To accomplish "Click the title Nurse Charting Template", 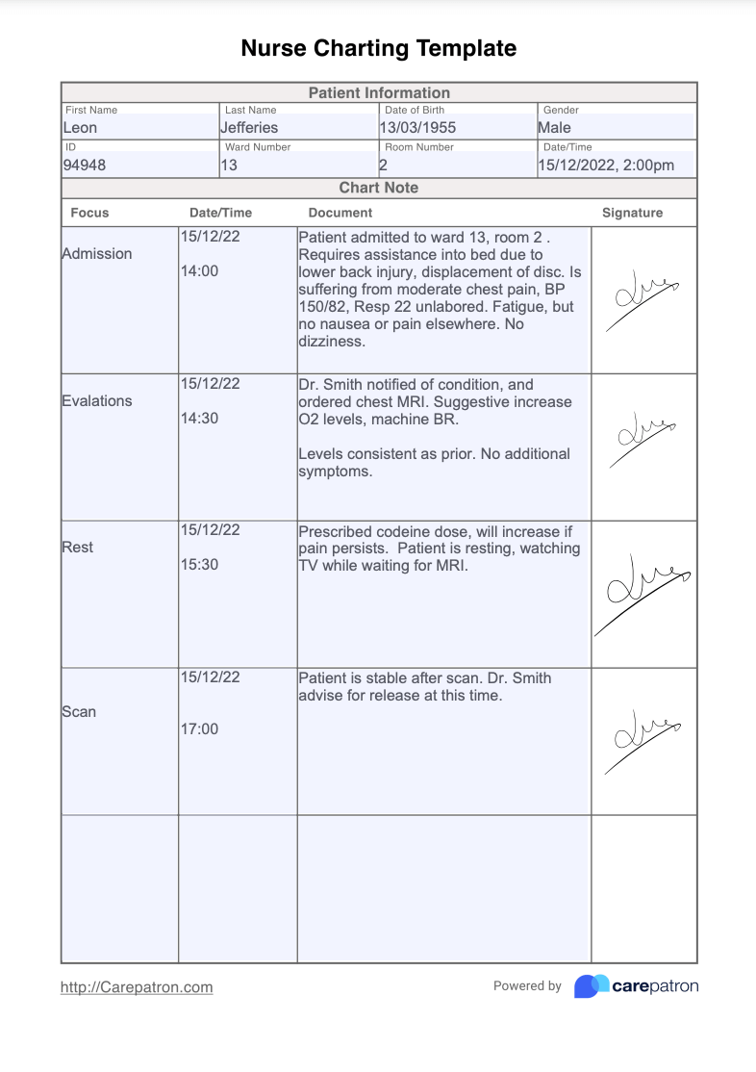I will point(378,48).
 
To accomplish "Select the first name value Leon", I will point(80,127).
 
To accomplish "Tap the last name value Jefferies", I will point(248,127).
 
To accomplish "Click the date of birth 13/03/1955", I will point(417,127).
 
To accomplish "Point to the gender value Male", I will point(554,127).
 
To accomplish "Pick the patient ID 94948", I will point(85,165).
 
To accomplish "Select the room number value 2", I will point(383,165).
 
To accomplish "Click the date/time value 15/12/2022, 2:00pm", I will point(606,165).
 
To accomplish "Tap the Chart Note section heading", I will point(379,188).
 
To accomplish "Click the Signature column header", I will point(632,213).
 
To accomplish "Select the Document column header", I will point(340,213).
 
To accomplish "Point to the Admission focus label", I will point(97,254).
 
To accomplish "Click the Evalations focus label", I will point(97,400).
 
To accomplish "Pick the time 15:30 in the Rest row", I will point(199,565).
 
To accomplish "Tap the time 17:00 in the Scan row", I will point(199,728).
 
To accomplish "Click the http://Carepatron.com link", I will point(137,987).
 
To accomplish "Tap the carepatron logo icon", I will point(592,986).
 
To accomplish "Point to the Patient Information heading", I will point(379,93).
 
